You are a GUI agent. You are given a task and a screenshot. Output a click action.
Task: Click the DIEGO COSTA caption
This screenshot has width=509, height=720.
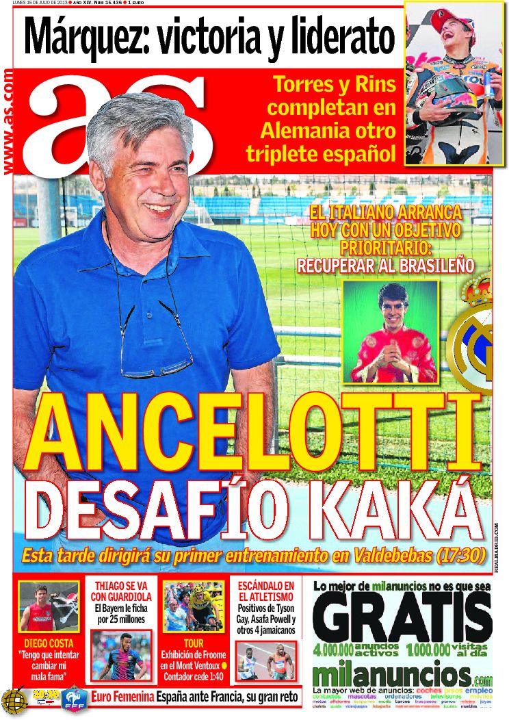tap(49, 643)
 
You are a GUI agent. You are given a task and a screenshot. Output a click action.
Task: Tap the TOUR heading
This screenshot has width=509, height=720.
tap(194, 644)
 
